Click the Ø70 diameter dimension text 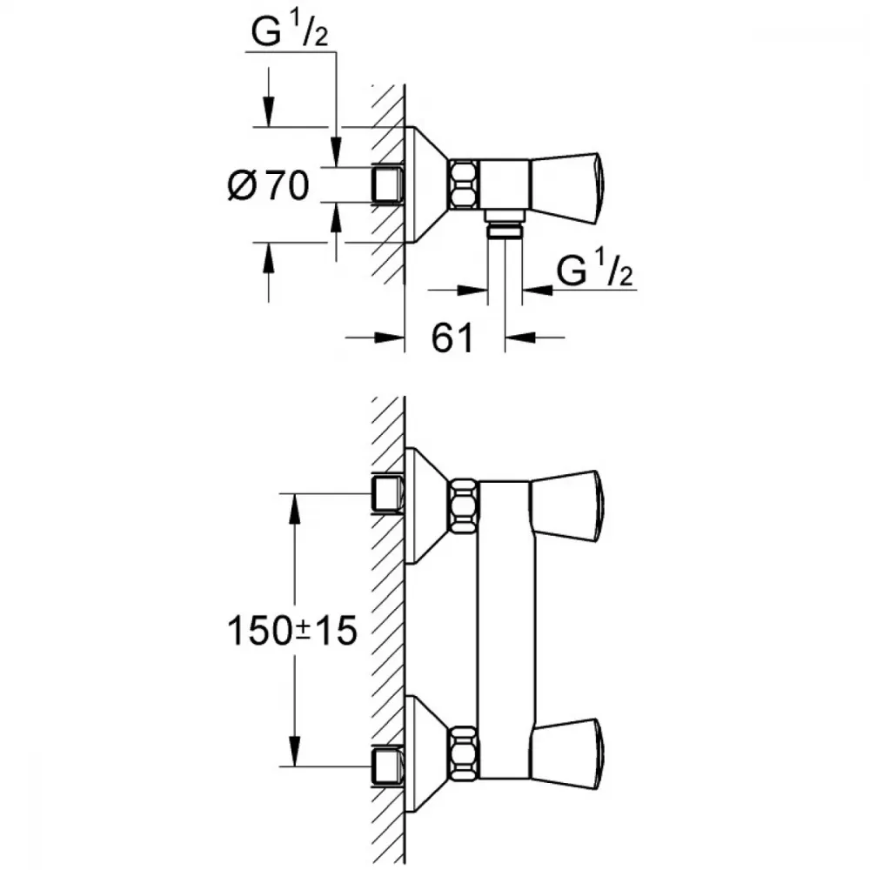[x=269, y=184]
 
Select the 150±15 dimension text [x=292, y=631]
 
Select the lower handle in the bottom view [x=567, y=752]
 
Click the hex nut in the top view [x=464, y=184]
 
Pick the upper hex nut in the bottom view [x=464, y=505]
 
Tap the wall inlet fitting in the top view [x=387, y=184]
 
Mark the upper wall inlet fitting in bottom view [x=387, y=493]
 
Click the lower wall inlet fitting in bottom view [x=387, y=765]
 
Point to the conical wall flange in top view [x=426, y=184]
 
